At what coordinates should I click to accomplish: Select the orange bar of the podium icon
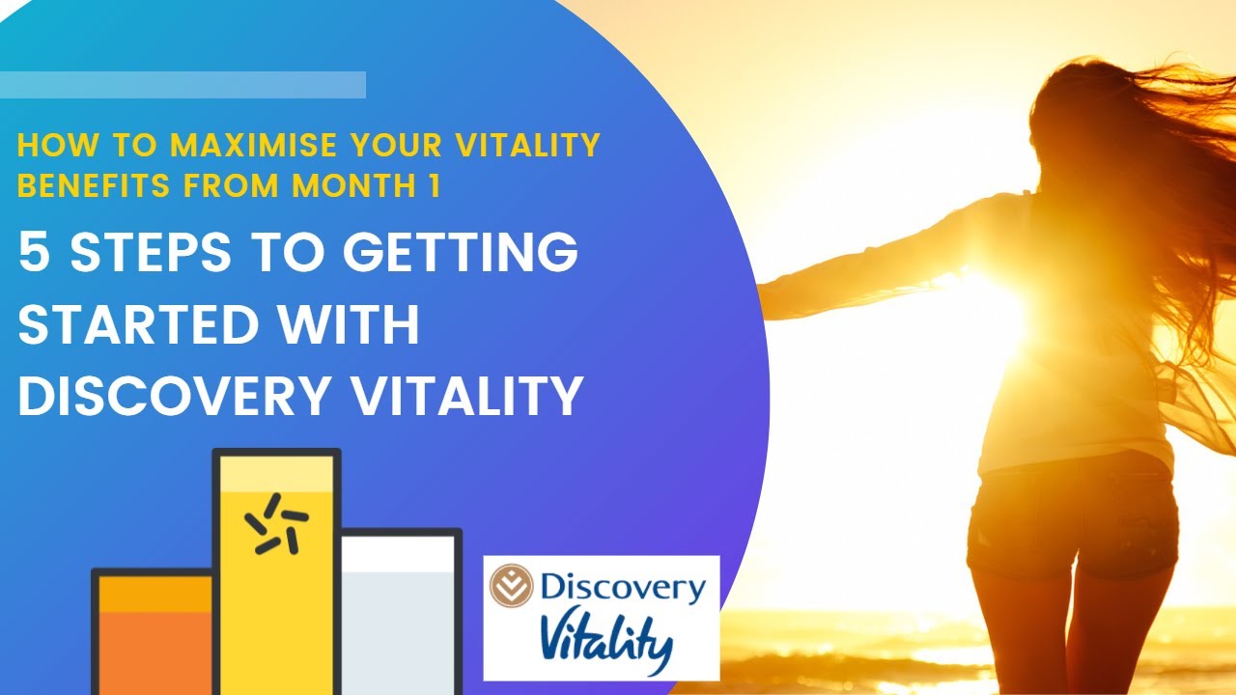(x=154, y=642)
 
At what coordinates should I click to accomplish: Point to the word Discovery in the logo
(x=622, y=586)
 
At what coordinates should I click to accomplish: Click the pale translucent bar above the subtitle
(x=183, y=85)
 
